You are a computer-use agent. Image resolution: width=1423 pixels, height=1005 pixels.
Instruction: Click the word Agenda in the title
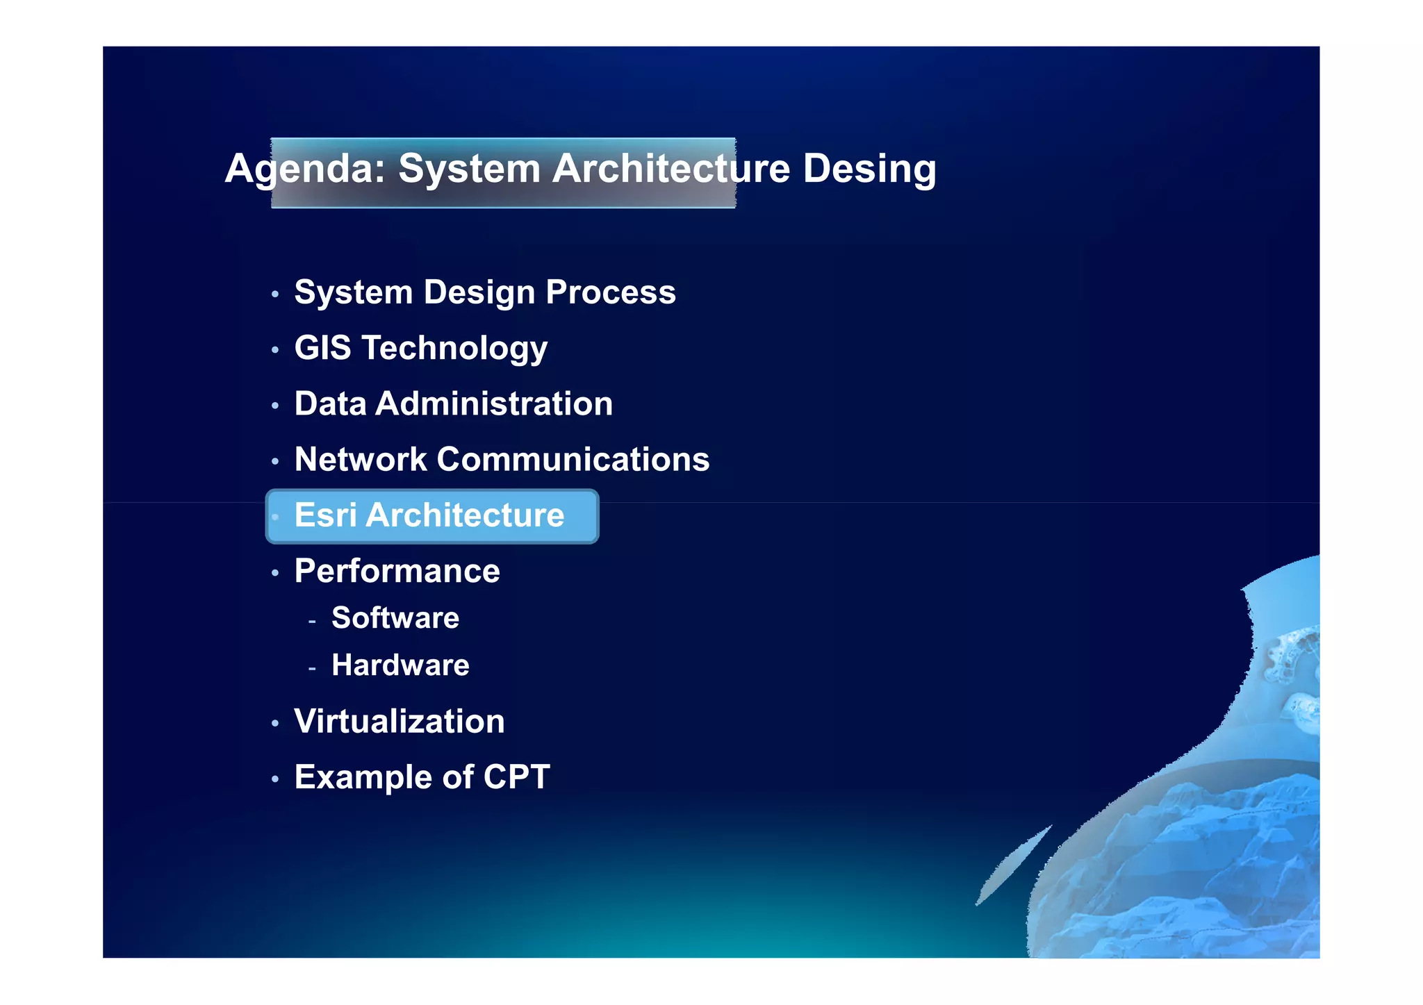pos(304,169)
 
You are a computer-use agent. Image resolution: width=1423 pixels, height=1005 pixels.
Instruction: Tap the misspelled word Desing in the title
pos(869,169)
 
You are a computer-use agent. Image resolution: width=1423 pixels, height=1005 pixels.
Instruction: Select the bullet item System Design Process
pos(484,292)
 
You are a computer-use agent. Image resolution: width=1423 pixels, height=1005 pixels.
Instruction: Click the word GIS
pos(322,347)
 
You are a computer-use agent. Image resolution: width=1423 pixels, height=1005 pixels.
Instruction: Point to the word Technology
pos(454,349)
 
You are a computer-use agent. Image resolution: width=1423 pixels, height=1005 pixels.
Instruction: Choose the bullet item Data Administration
pos(453,404)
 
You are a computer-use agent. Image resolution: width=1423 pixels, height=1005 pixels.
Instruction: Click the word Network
pos(361,459)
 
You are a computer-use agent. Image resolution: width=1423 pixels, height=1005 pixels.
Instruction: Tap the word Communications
pos(573,459)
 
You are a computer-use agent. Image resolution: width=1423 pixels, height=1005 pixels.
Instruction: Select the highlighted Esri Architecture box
pos(431,516)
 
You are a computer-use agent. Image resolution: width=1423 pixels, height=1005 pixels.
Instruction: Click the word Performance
pos(397,571)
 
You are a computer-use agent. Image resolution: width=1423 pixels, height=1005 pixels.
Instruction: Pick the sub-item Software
pos(395,617)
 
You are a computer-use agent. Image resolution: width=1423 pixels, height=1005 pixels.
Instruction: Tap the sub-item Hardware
pos(400,665)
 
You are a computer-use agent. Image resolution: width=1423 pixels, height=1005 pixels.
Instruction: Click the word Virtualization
pos(399,721)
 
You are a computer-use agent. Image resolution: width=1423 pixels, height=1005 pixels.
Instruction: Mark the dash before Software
pos(312,620)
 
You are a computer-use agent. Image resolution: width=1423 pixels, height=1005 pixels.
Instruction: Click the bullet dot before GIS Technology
pos(275,350)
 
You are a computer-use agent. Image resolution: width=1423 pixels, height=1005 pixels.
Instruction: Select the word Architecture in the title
pos(671,169)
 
